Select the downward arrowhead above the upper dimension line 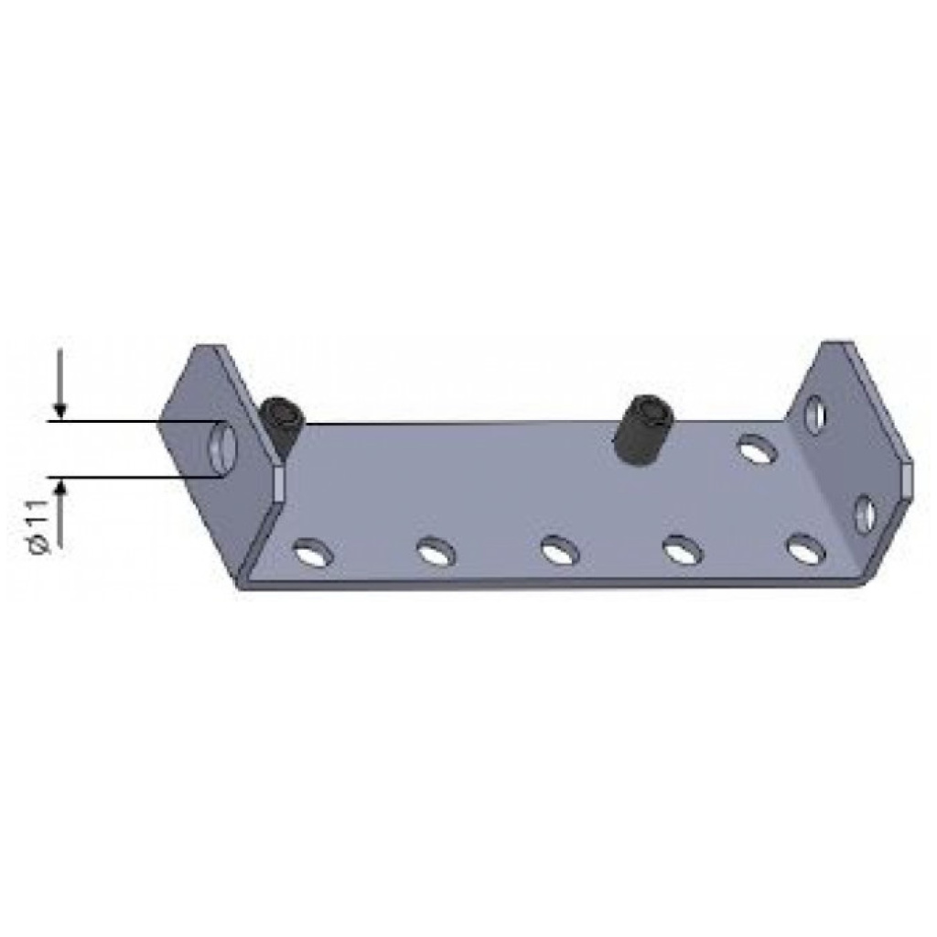tap(59, 411)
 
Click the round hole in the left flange tap(222, 448)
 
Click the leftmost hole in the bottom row tap(313, 553)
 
